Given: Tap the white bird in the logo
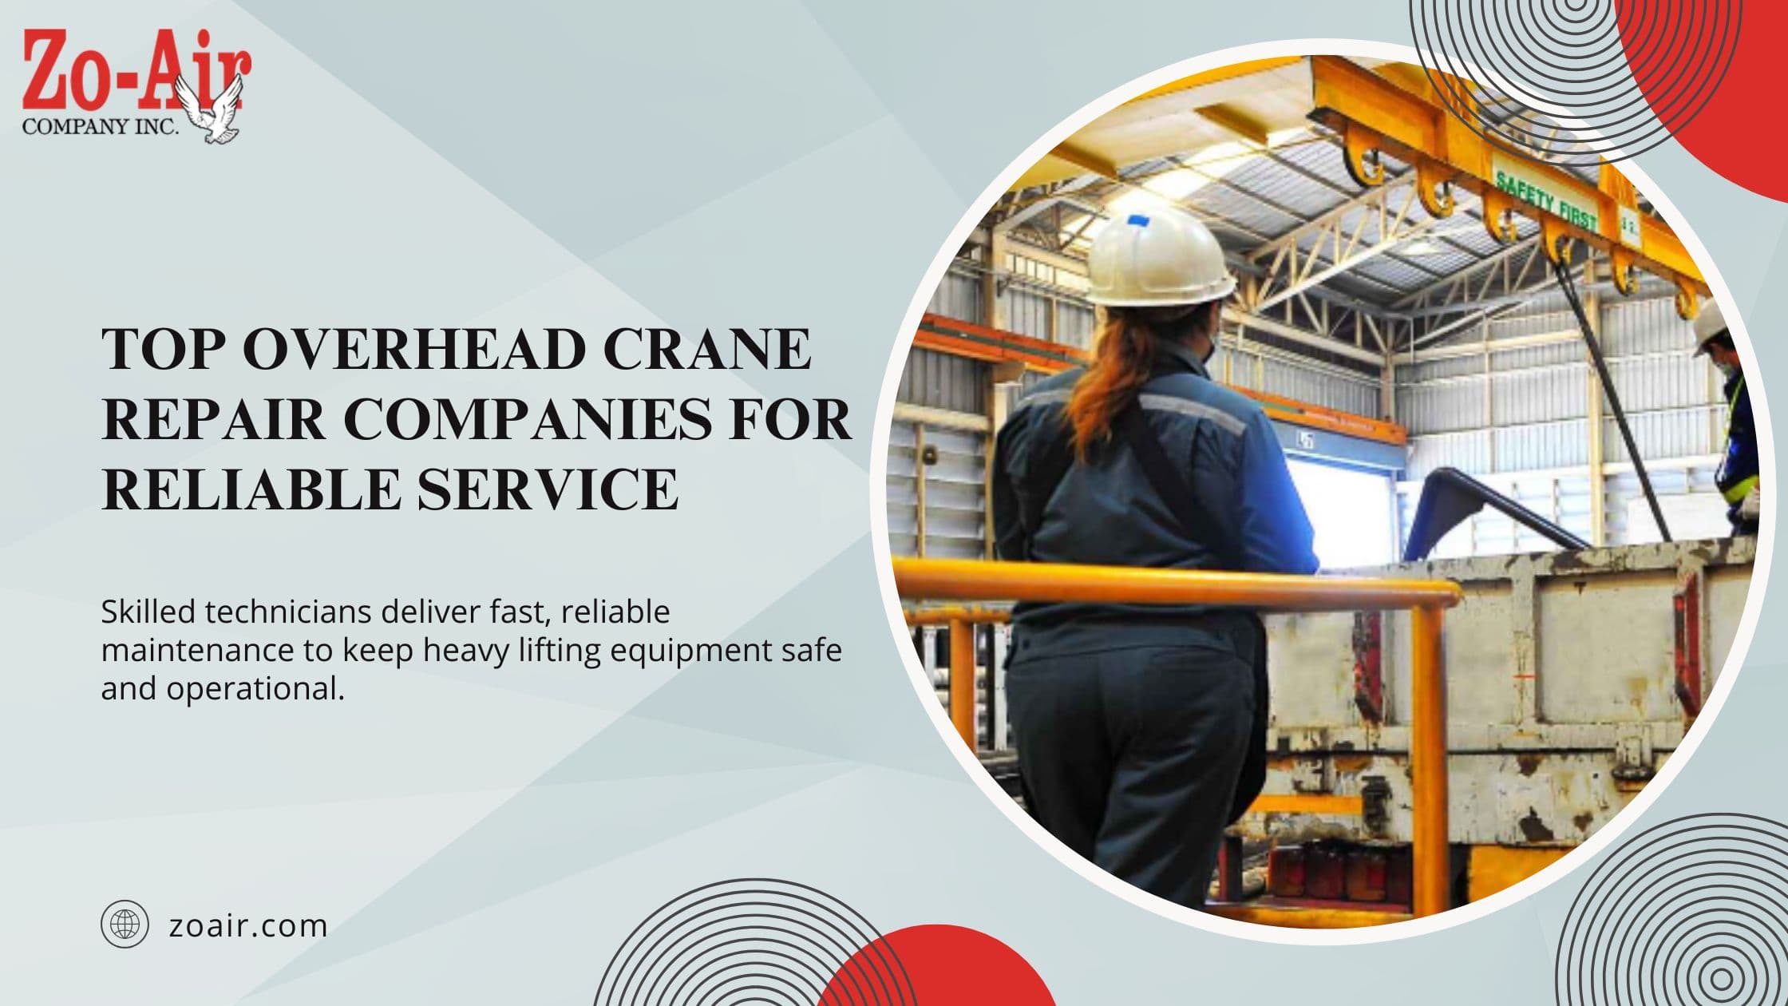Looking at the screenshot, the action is click(211, 109).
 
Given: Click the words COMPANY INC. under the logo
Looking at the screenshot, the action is click(101, 126).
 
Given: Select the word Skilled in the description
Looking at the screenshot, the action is click(148, 612).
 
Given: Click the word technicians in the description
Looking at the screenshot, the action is click(288, 612).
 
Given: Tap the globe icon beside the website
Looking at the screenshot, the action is click(125, 925).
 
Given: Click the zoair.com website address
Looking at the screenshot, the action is click(248, 926).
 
